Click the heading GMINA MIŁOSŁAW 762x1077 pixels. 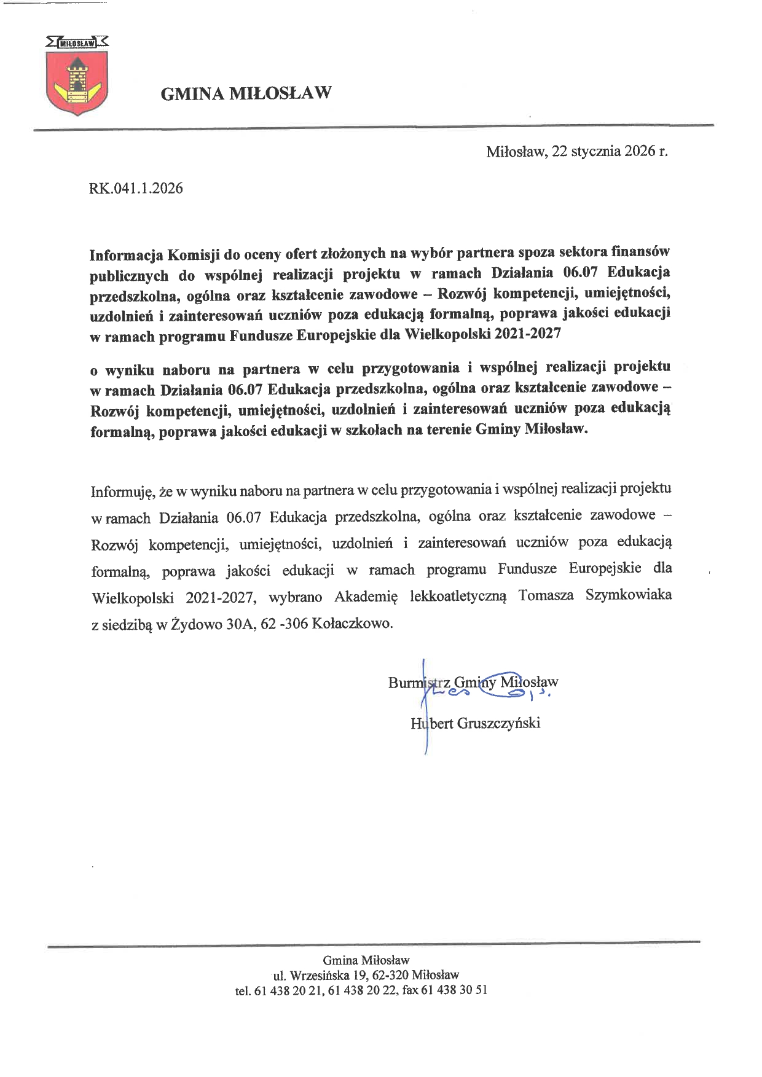coord(246,93)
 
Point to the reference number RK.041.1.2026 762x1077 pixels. coord(136,188)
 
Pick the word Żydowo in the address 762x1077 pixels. coord(197,623)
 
